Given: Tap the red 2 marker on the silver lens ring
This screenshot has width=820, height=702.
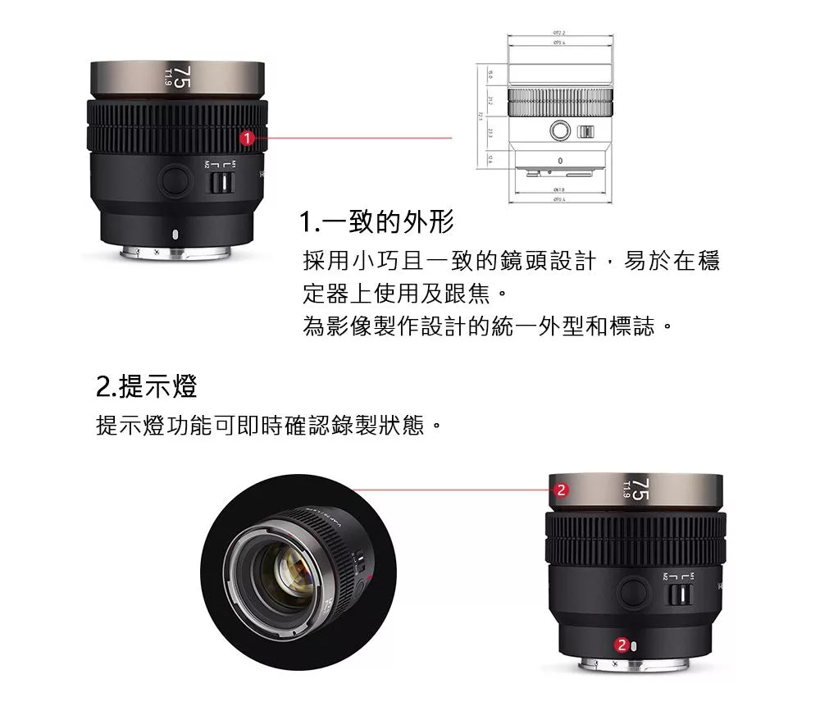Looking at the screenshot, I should [x=561, y=491].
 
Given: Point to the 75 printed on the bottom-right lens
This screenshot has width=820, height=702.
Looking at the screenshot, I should [x=640, y=490].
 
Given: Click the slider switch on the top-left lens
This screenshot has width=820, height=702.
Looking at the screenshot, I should [x=219, y=181].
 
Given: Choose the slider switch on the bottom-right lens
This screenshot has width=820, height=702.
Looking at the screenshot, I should [x=677, y=595].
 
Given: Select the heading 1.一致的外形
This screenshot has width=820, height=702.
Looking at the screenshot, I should [x=376, y=221].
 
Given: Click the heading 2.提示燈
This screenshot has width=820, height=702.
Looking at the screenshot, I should [x=147, y=385].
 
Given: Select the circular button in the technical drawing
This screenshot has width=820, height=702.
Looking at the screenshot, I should [x=560, y=130].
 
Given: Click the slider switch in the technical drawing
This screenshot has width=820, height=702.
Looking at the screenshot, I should [x=587, y=131].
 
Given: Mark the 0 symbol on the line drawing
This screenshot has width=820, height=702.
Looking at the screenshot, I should [x=560, y=160].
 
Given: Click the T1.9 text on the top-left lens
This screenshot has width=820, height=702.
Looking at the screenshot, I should [x=167, y=78].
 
